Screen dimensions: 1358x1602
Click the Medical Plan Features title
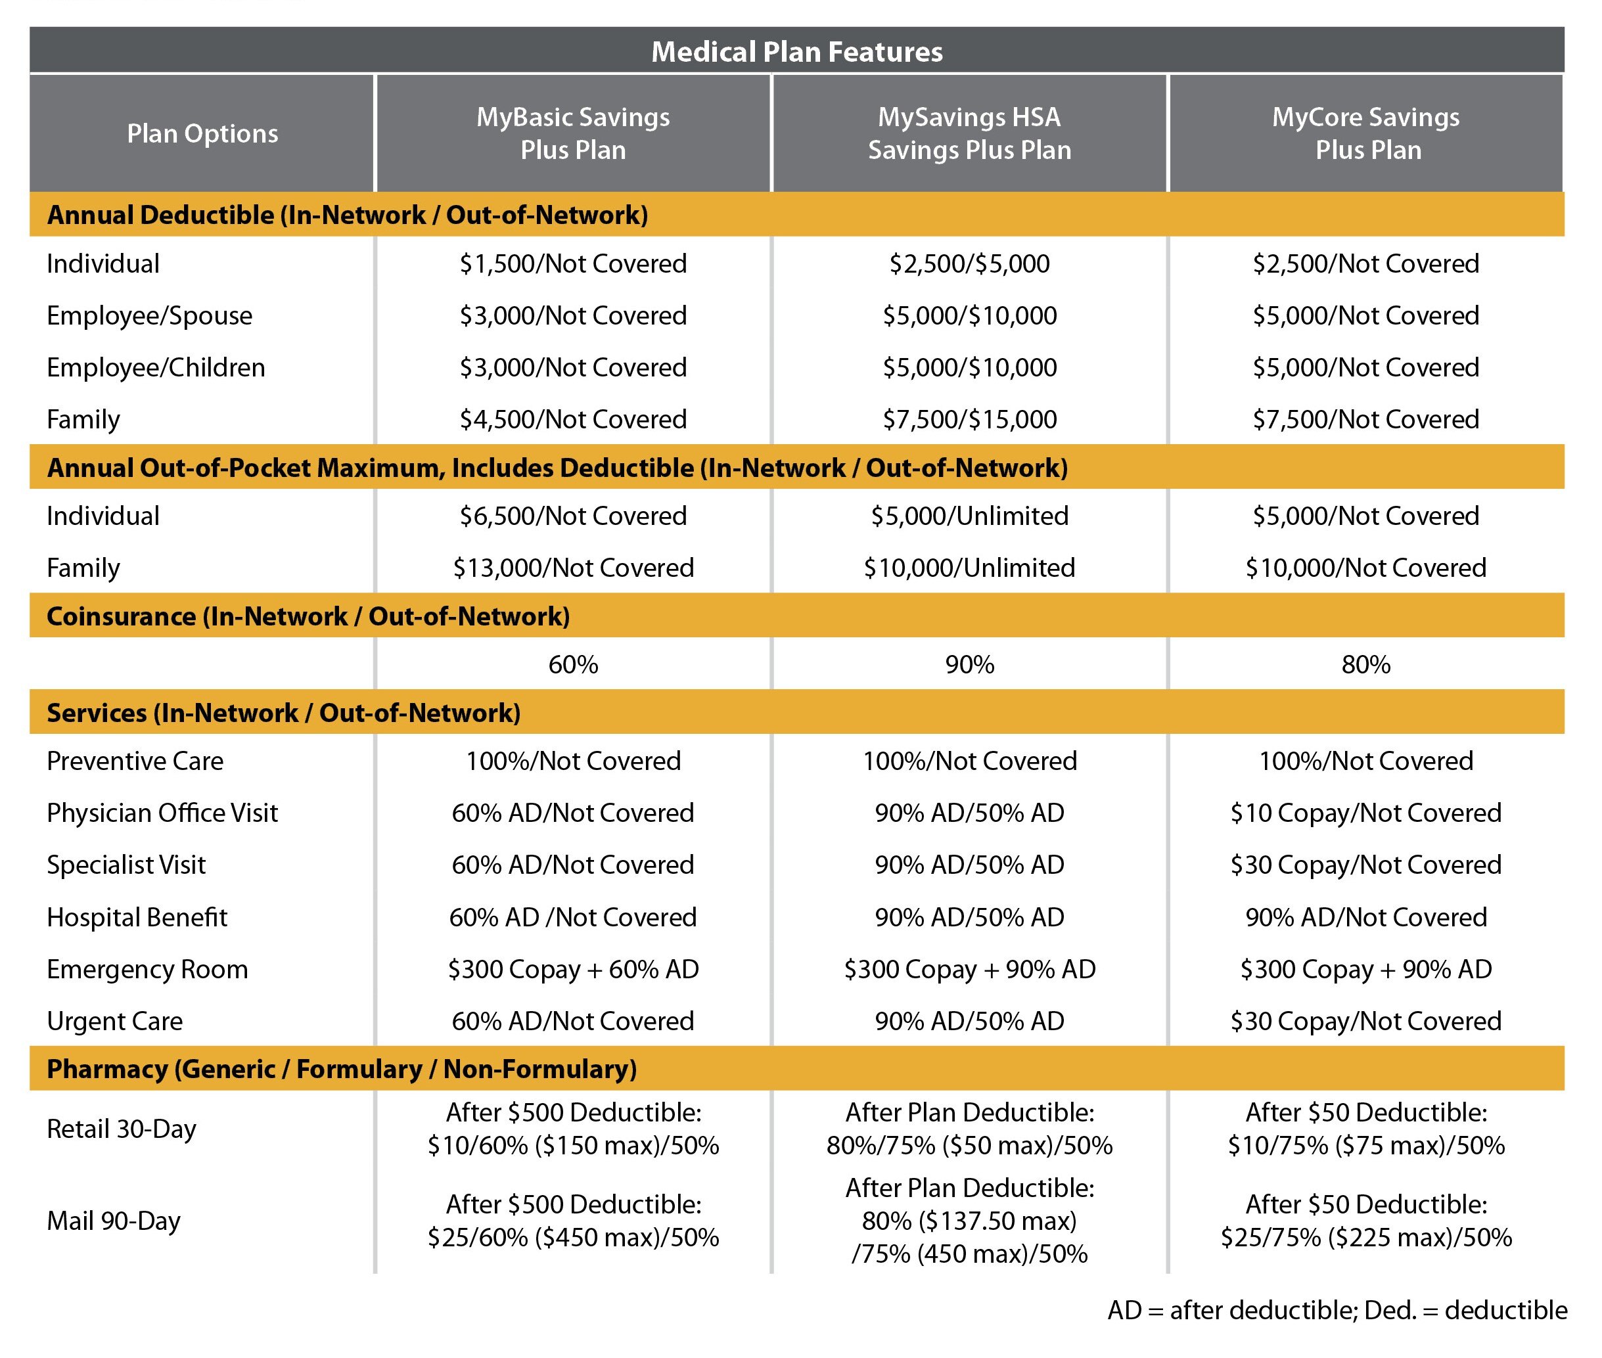coord(797,52)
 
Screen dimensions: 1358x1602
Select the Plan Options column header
coord(202,133)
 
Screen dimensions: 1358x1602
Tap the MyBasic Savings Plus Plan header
coord(573,133)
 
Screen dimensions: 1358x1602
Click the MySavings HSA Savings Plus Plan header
coord(969,133)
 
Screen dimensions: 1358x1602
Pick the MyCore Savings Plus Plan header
coord(1367,133)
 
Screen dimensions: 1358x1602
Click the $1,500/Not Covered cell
coord(573,263)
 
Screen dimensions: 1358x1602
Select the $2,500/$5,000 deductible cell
coord(969,263)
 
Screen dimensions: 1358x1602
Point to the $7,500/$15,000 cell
coord(969,419)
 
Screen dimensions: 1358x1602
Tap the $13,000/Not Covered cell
coord(573,568)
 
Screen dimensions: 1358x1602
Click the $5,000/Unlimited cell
coord(969,516)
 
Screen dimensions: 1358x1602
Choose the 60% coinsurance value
coord(573,664)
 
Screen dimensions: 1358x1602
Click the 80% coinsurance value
coord(1367,664)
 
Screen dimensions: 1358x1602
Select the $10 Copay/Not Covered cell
coord(1367,812)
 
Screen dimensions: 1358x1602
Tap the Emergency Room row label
coord(147,968)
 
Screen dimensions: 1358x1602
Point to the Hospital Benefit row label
coord(137,917)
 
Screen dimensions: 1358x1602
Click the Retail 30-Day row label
coord(121,1129)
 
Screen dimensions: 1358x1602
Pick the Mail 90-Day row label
coord(113,1220)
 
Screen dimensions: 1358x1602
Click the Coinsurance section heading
coord(308,616)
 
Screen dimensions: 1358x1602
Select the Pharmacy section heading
coord(342,1068)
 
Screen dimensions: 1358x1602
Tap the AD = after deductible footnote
coord(1337,1309)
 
